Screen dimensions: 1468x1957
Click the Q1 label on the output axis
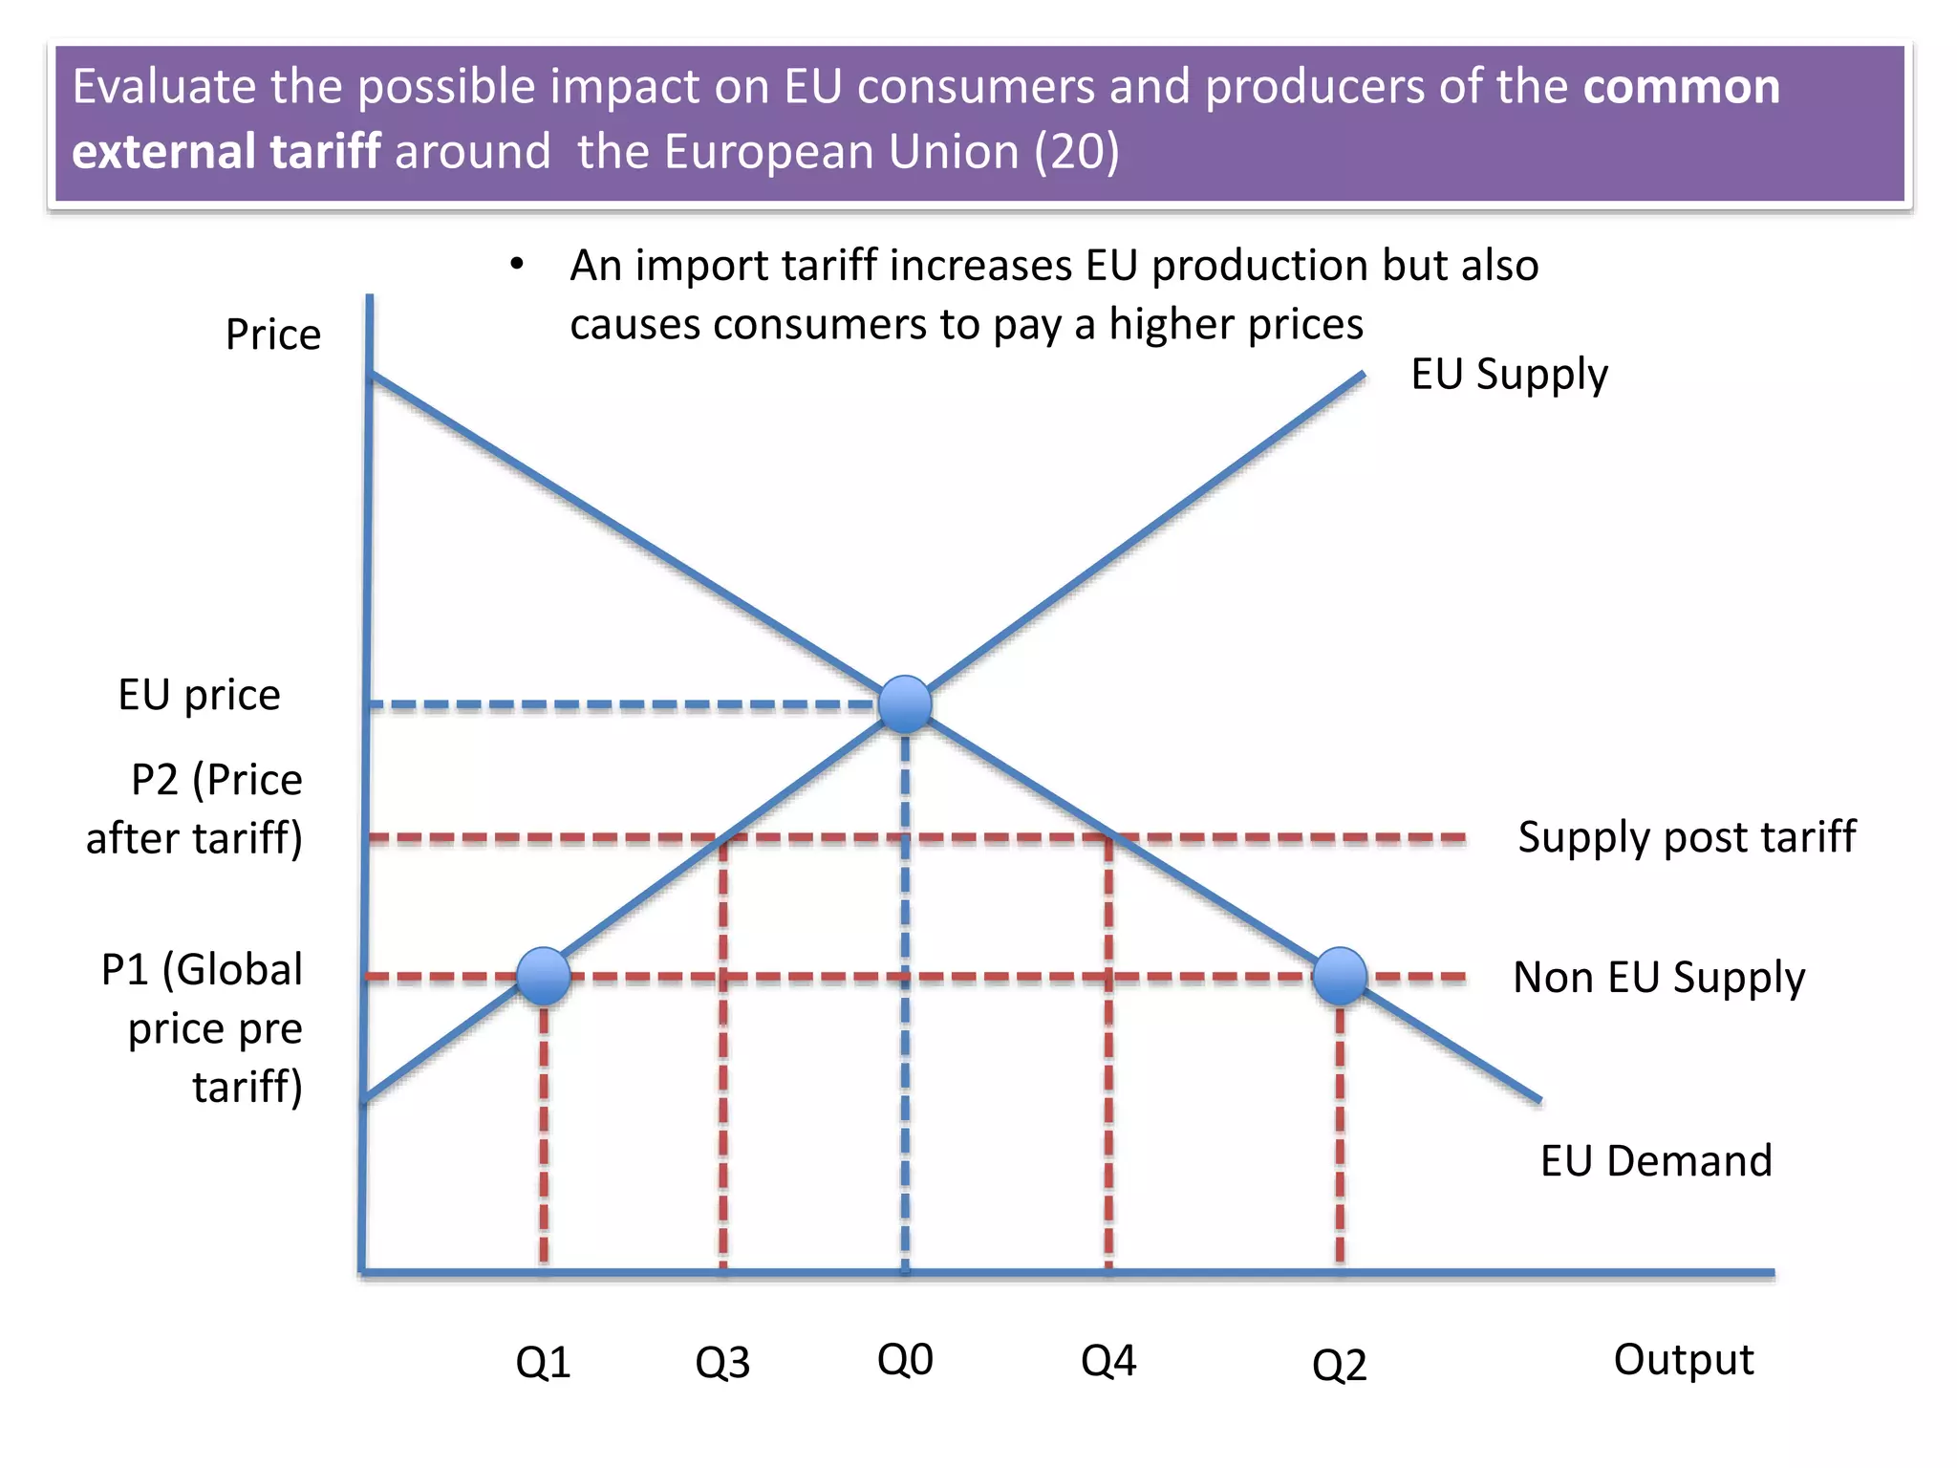[543, 1362]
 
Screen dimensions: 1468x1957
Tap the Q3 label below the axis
[722, 1363]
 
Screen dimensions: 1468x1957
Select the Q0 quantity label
[904, 1359]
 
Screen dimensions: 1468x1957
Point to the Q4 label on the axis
[1108, 1360]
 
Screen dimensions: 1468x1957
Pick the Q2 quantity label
[1339, 1365]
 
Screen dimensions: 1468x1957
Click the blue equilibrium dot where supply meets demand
[905, 704]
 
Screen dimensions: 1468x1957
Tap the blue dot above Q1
[544, 976]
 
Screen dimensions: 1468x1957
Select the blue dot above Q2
[1340, 976]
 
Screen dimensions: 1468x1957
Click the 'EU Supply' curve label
[1509, 374]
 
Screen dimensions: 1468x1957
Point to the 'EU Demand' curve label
[1656, 1161]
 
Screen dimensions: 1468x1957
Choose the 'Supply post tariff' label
[1687, 837]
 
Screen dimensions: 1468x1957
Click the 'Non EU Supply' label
[1659, 978]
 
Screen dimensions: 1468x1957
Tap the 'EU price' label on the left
[199, 695]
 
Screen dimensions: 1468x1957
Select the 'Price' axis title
[272, 335]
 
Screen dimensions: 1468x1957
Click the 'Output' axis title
[1683, 1359]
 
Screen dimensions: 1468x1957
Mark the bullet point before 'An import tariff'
[517, 264]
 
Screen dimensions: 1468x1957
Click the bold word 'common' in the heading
[1681, 87]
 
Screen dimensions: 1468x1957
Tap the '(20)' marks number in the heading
[1076, 152]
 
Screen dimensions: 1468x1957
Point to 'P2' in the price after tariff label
[155, 780]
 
